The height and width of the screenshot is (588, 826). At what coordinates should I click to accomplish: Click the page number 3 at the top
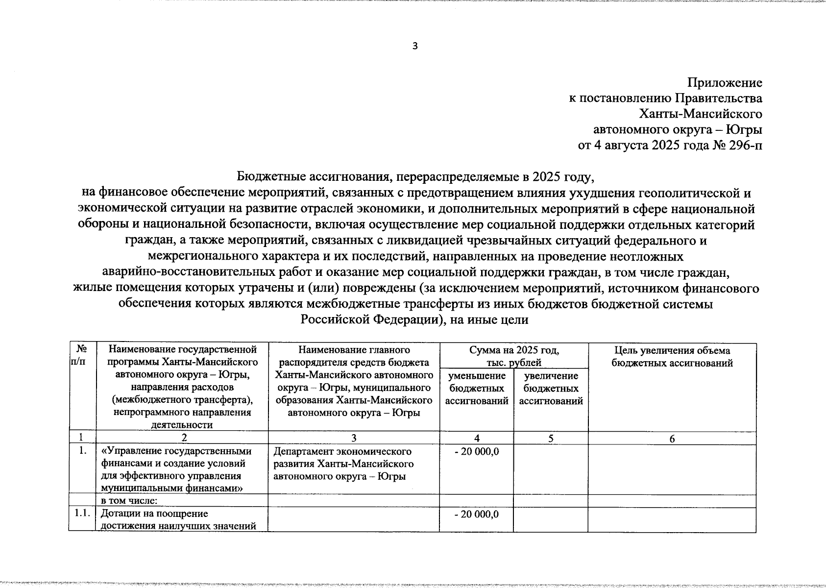(x=415, y=47)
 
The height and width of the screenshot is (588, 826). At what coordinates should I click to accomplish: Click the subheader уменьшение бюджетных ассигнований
(x=476, y=388)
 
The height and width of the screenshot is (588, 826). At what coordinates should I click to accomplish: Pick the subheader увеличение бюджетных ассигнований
(x=551, y=388)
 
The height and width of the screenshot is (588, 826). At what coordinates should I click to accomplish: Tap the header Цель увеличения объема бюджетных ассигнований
(x=672, y=357)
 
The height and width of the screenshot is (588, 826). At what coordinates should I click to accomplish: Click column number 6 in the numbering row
(x=672, y=439)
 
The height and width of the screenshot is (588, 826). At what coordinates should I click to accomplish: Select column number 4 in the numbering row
(x=477, y=439)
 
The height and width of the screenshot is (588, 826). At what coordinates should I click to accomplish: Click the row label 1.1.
(x=82, y=514)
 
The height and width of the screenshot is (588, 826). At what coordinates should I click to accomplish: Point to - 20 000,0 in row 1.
(x=477, y=451)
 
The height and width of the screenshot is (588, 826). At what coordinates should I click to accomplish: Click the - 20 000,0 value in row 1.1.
(x=477, y=514)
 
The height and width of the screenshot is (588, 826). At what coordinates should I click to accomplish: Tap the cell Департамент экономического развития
(x=343, y=464)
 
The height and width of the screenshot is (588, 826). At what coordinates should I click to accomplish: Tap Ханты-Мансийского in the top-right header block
(x=701, y=114)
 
